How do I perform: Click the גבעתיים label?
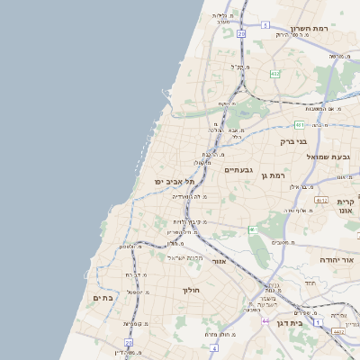coord(238,169)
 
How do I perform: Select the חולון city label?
coord(191,290)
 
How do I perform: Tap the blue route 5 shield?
coord(265,25)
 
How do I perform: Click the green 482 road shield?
coord(274,74)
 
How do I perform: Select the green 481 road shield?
coord(298,125)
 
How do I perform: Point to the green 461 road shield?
coord(254,230)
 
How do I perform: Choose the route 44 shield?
coord(265,320)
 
